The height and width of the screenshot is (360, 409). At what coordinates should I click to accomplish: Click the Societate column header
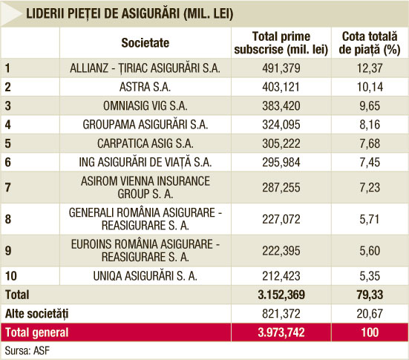coord(145,43)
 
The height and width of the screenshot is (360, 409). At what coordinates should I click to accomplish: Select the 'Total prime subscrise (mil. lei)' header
coord(281,43)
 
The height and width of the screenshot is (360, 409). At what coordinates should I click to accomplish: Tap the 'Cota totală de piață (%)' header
coord(370,43)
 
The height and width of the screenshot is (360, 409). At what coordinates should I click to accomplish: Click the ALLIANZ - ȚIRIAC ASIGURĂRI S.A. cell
coord(145,68)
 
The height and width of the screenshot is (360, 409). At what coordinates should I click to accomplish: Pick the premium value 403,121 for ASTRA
coord(281,87)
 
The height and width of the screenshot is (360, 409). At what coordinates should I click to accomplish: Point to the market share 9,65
coord(370,106)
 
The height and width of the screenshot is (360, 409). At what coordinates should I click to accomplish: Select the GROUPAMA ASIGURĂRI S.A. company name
coord(145,125)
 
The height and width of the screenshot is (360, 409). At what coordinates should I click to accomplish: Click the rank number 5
coord(8,143)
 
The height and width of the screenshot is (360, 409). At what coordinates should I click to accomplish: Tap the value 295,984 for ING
coord(281,163)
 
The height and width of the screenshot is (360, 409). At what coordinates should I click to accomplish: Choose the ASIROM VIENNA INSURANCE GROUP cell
coord(145,188)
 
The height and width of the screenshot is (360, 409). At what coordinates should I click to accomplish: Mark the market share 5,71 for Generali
coord(370,219)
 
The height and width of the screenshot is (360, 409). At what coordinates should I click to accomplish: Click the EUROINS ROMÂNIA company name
coord(145,251)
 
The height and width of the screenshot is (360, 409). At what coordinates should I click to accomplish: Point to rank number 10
coord(11,276)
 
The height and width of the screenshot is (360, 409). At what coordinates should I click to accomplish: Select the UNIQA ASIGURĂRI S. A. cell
coord(145,276)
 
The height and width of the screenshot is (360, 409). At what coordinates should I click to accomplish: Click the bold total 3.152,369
coord(281,295)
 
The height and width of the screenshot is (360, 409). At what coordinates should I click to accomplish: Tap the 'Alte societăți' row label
coord(37,313)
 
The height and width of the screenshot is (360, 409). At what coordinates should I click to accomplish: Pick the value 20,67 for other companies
coord(370,313)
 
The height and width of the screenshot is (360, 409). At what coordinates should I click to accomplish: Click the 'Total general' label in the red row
coord(37,333)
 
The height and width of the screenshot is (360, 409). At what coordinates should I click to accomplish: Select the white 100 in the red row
coord(370,333)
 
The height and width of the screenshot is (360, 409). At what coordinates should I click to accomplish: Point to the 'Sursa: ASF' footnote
coord(27,351)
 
